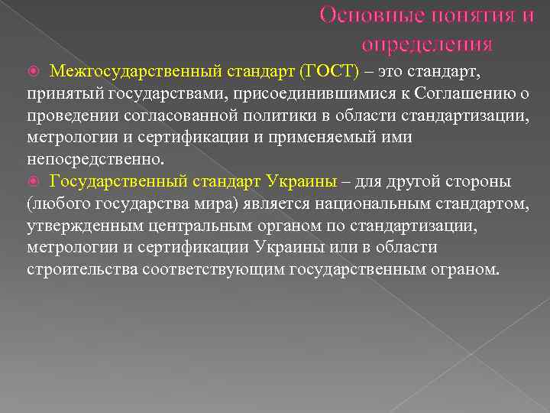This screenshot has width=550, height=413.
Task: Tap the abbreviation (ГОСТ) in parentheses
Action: coord(330,72)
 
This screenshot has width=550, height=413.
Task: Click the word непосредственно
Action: coord(95,160)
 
